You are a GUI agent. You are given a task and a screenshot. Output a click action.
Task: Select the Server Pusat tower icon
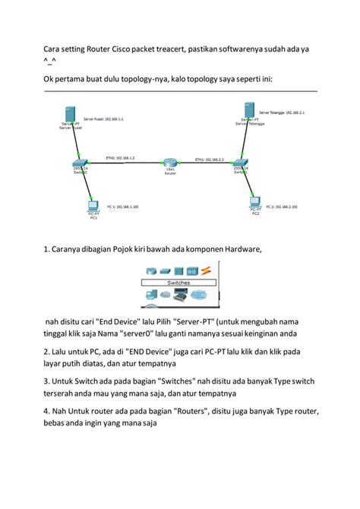coord(69,115)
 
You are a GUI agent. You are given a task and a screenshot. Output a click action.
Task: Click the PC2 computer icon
coord(255,202)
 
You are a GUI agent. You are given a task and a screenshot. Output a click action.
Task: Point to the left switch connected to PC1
coord(80,163)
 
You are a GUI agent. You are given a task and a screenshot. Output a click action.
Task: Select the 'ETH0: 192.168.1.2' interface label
coord(121,158)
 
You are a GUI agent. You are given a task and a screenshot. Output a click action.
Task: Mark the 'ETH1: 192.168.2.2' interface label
coord(208,160)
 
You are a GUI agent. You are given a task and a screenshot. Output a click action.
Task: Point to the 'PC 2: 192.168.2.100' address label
coord(282,206)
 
